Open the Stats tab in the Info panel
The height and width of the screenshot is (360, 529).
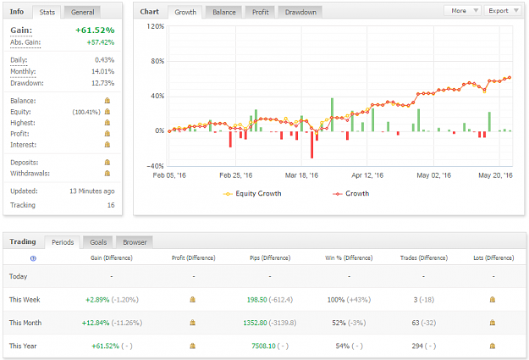click(47, 12)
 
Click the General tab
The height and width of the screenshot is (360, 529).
click(82, 12)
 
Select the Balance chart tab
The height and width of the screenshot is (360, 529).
click(224, 12)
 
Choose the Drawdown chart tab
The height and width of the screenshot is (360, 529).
click(300, 12)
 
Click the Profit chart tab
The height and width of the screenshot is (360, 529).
click(261, 12)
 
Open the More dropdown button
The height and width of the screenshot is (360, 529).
click(463, 11)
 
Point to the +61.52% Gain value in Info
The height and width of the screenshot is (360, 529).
click(95, 30)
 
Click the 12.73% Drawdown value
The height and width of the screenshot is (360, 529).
click(103, 83)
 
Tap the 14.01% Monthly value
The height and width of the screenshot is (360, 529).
click(103, 72)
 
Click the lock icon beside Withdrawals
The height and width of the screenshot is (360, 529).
click(107, 174)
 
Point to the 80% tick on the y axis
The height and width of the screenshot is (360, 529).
click(157, 61)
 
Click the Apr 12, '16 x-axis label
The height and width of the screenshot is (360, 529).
click(367, 175)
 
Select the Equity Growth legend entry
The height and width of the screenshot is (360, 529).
click(252, 193)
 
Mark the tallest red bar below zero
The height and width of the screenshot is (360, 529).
click(311, 145)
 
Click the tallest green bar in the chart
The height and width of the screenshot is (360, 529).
click(332, 115)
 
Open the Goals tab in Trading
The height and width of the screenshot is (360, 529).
click(98, 242)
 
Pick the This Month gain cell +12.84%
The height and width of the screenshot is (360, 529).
click(96, 323)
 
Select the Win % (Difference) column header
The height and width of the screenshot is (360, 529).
click(349, 258)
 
